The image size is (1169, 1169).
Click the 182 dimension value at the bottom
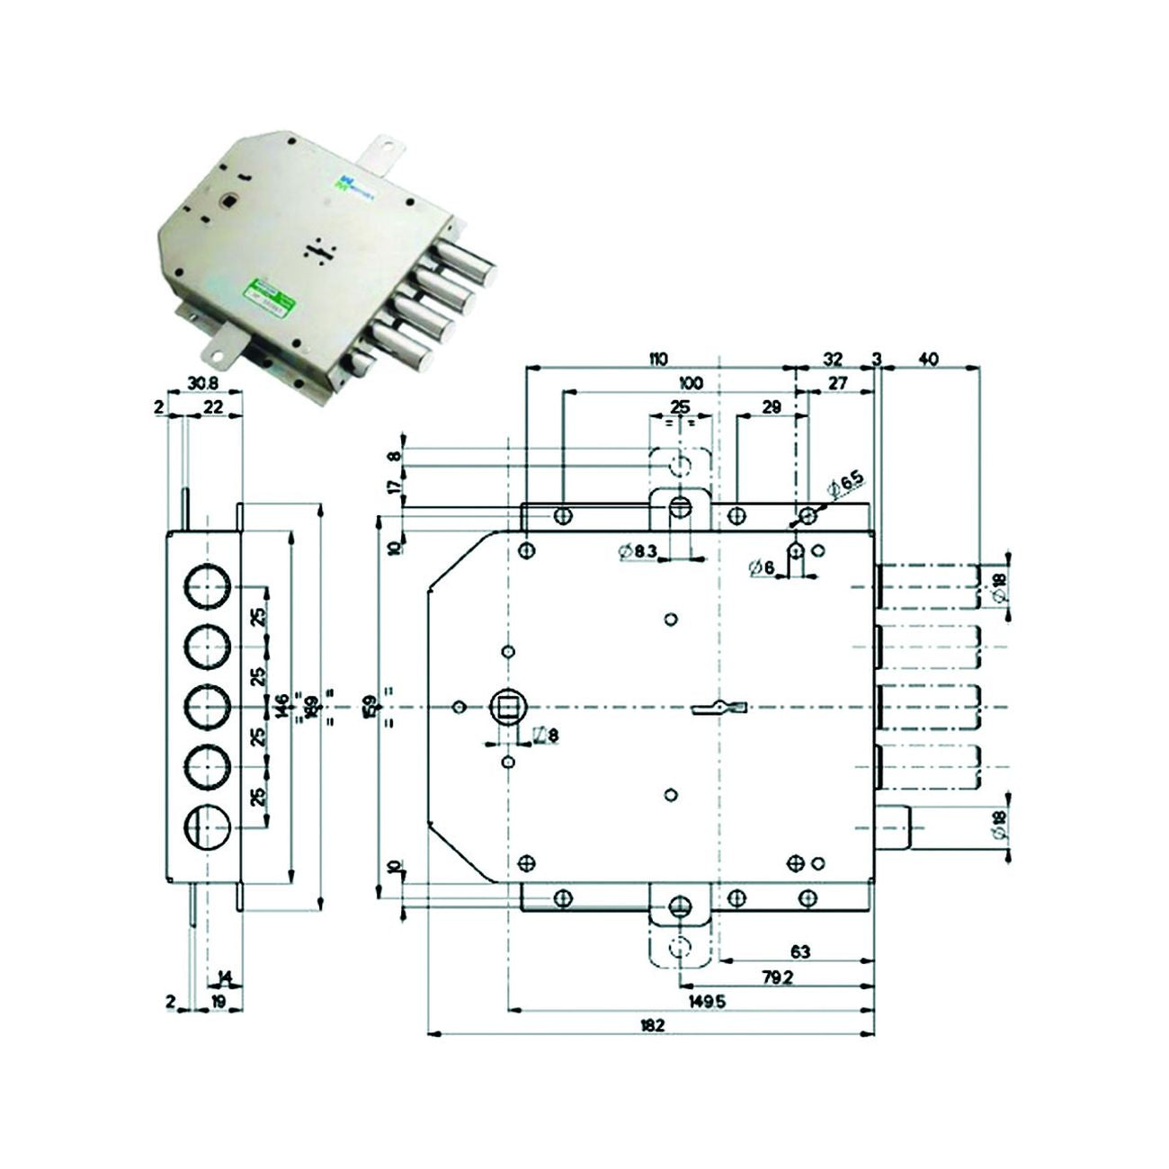653,1025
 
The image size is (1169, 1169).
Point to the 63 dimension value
799,950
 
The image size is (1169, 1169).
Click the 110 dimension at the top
657,359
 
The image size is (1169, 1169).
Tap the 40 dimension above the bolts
928,359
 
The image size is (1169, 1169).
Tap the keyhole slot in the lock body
719,709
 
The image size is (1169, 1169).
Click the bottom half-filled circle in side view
209,825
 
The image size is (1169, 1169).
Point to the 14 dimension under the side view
225,977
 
